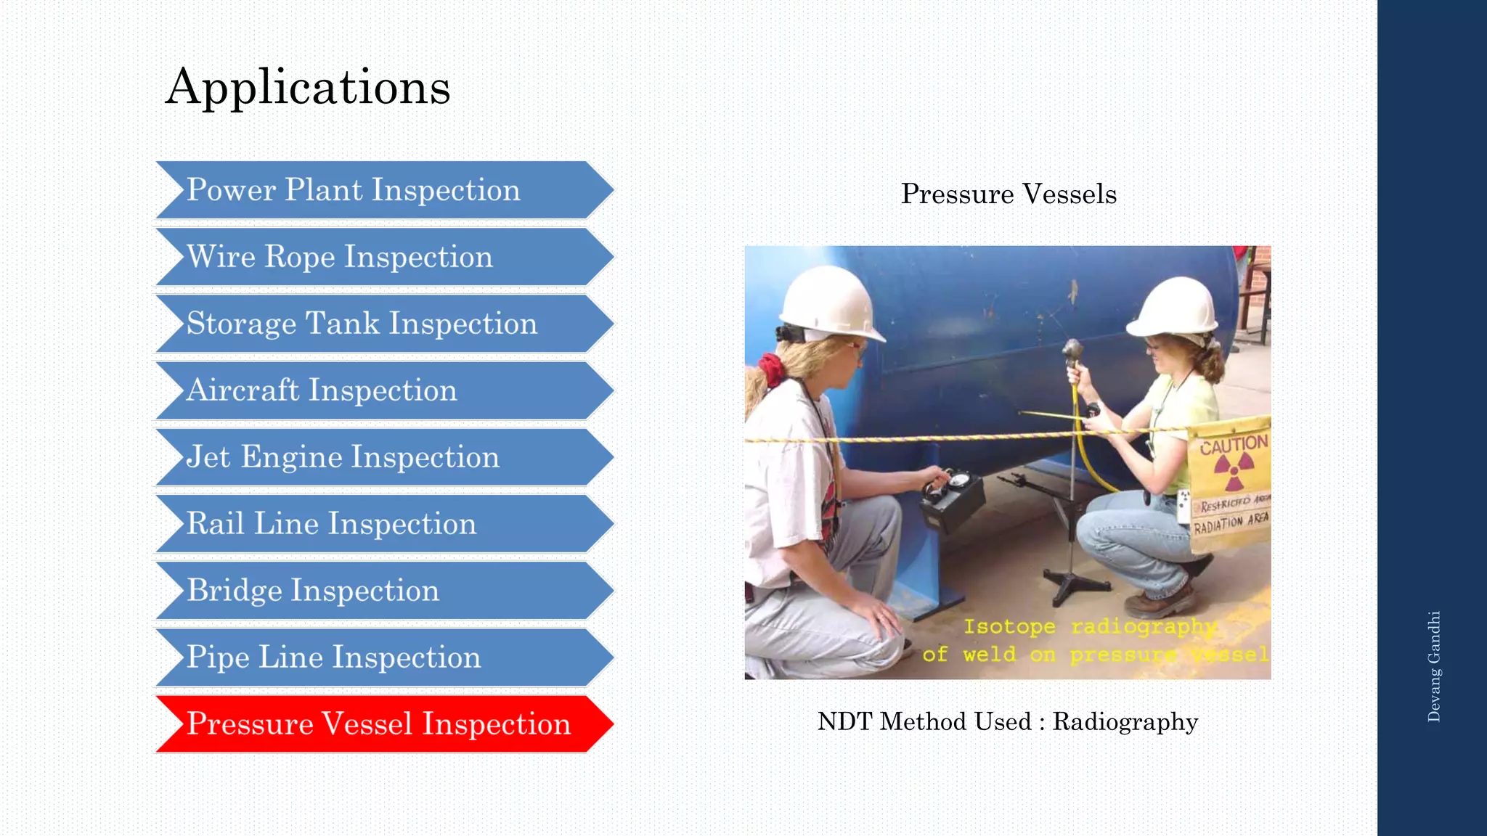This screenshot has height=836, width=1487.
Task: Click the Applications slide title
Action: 308,87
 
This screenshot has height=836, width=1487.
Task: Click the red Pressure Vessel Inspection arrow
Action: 378,724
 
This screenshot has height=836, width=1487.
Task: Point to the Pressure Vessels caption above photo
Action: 1009,194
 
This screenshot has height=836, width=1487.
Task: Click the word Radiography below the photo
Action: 1125,722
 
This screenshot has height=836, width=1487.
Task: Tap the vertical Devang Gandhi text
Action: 1434,666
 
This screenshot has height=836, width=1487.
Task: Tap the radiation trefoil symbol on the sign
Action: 1234,472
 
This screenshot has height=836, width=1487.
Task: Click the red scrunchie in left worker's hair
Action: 771,369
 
